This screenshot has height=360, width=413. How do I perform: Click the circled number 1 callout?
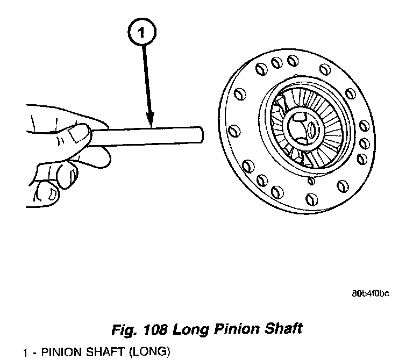pyautogui.click(x=142, y=33)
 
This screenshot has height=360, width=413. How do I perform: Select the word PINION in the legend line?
pyautogui.click(x=61, y=352)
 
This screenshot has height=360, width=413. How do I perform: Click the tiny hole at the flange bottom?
pyautogui.click(x=311, y=181)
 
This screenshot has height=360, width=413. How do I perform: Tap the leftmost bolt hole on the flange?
pyautogui.click(x=233, y=131)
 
